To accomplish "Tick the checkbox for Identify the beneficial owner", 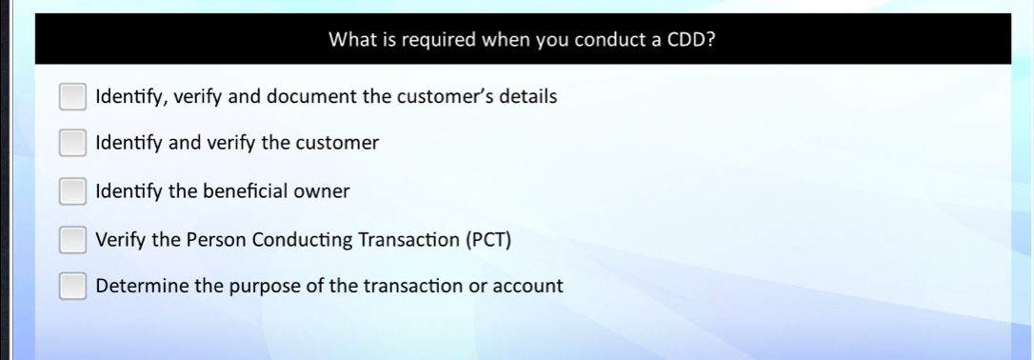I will click(72, 191).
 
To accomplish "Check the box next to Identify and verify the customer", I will click(72, 144).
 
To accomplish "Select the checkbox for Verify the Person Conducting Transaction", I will click(72, 239).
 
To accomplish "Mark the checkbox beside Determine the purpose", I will click(72, 286).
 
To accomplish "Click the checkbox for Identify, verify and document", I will click(72, 96).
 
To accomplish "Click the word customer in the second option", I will click(338, 144).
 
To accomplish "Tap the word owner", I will click(321, 191).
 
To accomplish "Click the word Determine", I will click(136, 286).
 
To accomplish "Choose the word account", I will click(525, 286).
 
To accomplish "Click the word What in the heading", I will click(349, 40).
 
